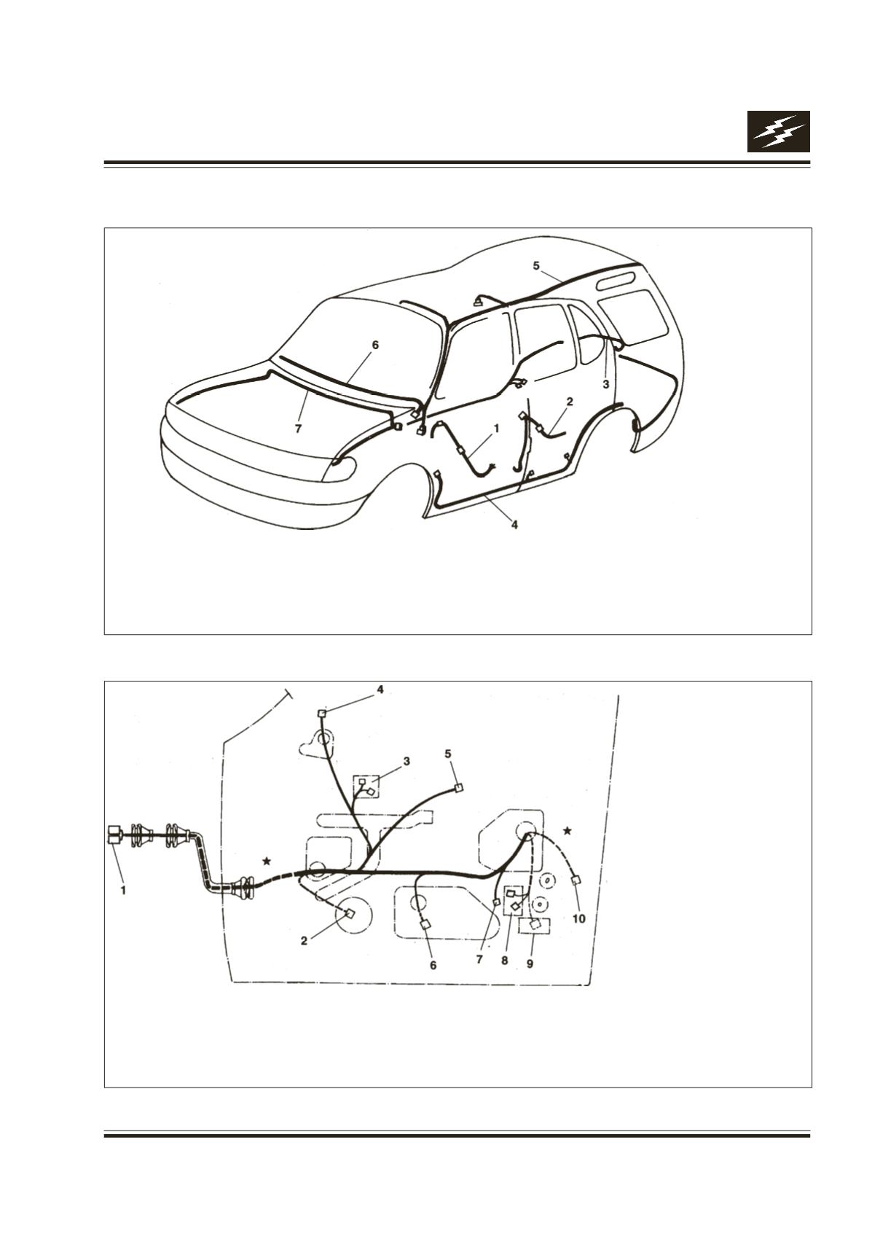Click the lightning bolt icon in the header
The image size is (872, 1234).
(x=778, y=132)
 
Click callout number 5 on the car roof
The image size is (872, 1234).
(x=536, y=266)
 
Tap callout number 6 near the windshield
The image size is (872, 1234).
(x=375, y=345)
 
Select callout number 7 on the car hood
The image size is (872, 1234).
(x=298, y=429)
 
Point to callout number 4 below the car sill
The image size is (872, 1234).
(x=514, y=525)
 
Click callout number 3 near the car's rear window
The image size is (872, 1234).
(x=605, y=385)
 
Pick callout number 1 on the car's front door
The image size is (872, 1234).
(x=496, y=427)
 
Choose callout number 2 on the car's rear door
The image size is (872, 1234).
(x=569, y=402)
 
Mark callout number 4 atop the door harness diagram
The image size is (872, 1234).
(x=380, y=690)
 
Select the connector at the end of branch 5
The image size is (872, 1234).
(x=458, y=788)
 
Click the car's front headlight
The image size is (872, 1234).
(x=339, y=469)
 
